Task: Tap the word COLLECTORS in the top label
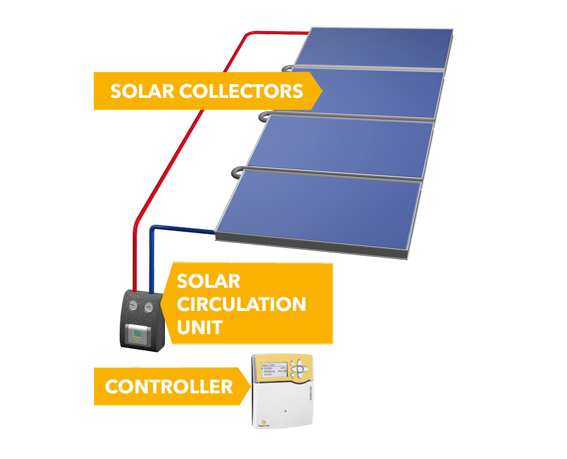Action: [241, 91]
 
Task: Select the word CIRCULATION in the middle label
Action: [241, 304]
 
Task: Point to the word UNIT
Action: [199, 327]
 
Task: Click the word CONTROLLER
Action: [169, 387]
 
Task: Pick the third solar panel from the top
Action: [341, 146]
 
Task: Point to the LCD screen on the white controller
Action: [274, 371]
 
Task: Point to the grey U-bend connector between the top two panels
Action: [286, 66]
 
